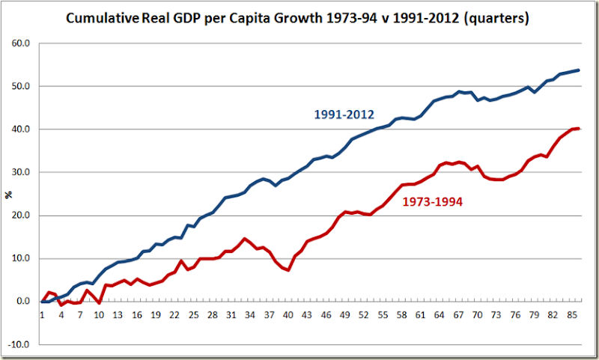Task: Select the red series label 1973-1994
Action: click(x=431, y=201)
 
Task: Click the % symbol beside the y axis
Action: click(x=10, y=195)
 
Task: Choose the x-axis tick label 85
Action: click(x=573, y=315)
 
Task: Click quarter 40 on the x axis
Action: click(x=288, y=315)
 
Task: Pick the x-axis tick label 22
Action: click(x=174, y=315)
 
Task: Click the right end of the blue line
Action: click(x=579, y=70)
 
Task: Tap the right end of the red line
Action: click(x=579, y=129)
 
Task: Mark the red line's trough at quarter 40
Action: click(x=288, y=269)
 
